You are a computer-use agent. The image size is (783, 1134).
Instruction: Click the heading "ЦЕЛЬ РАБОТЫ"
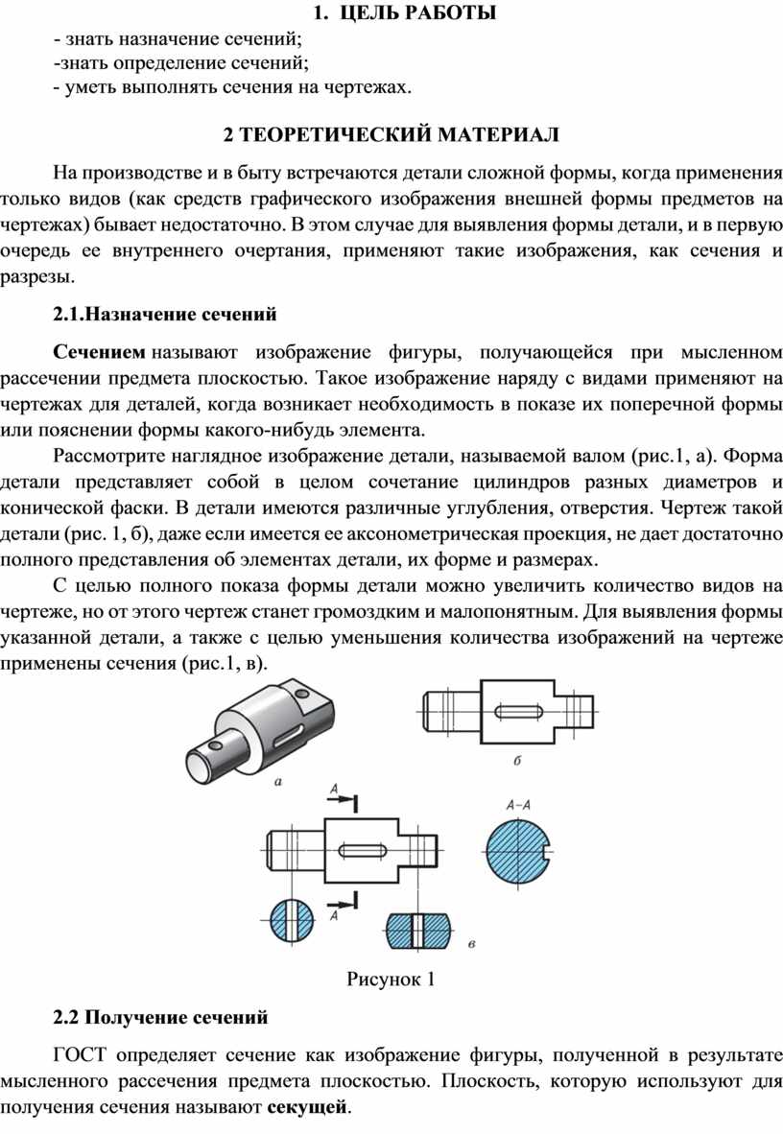pos(416,12)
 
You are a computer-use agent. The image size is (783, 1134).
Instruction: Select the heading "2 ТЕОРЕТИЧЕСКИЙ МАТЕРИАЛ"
pos(391,135)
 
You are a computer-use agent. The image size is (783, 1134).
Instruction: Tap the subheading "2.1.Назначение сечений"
pos(165,314)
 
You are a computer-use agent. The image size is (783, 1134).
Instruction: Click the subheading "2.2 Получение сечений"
pos(160,1017)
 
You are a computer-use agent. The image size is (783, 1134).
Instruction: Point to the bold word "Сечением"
pos(99,352)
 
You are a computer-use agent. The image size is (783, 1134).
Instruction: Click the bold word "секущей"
pos(308,1107)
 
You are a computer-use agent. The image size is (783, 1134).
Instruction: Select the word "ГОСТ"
pos(80,1055)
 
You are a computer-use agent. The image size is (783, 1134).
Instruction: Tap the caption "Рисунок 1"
pos(391,980)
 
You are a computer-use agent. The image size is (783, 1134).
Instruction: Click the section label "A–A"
pos(518,805)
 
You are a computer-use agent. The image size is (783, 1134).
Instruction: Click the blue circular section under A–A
pos(519,851)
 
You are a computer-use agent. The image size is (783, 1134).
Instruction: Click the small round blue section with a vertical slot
pos(293,921)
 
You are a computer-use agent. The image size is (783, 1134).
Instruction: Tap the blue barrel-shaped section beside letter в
pos(418,930)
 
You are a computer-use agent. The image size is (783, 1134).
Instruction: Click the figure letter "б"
pos(517,760)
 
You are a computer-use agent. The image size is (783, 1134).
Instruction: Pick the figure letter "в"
pos(472,944)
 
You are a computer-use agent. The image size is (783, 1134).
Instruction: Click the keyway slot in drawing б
pos(518,712)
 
